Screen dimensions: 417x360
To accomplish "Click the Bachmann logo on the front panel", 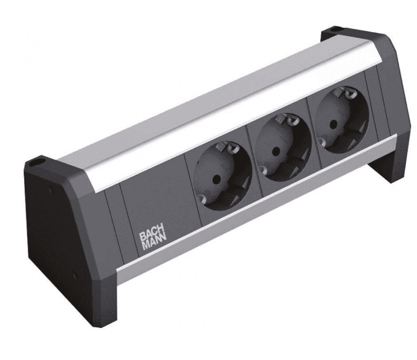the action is point(153,240).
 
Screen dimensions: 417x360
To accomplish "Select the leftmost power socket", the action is point(222,176).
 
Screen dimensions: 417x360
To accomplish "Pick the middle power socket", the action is point(283,147).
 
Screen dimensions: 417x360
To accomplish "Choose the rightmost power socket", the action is point(341,120).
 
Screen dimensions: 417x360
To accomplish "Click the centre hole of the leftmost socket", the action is point(215,178).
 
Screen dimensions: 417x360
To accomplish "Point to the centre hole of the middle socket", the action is point(276,151).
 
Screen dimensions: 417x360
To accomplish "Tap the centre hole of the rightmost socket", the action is point(333,123).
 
